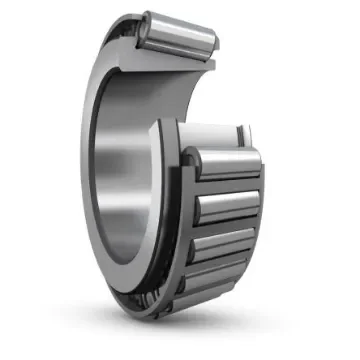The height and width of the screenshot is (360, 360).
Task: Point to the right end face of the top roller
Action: click(210, 45)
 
